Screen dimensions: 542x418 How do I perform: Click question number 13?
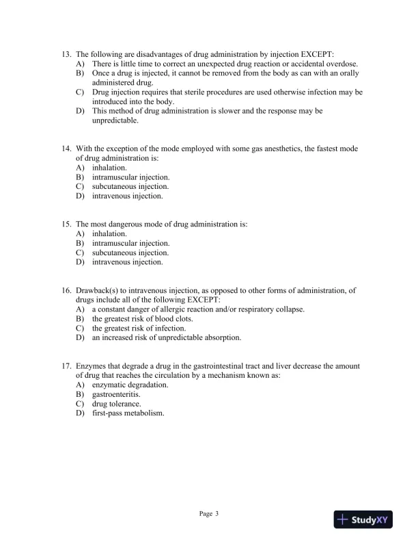pyautogui.click(x=66, y=54)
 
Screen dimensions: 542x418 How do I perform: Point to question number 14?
pyautogui.click(x=66, y=149)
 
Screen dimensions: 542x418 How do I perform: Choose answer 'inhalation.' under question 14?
pyautogui.click(x=109, y=168)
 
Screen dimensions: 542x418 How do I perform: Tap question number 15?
pyautogui.click(x=66, y=224)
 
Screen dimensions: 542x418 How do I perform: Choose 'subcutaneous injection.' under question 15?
pyautogui.click(x=130, y=253)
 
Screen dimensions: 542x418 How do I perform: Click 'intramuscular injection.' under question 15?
pyautogui.click(x=131, y=243)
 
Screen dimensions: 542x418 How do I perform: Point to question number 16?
pyautogui.click(x=66, y=290)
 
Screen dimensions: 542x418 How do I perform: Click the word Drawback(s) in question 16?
pyautogui.click(x=98, y=290)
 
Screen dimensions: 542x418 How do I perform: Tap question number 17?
pyautogui.click(x=66, y=366)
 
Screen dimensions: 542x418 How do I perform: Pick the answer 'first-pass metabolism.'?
pyautogui.click(x=128, y=413)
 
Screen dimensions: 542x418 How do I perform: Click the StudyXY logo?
pyautogui.click(x=364, y=520)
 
